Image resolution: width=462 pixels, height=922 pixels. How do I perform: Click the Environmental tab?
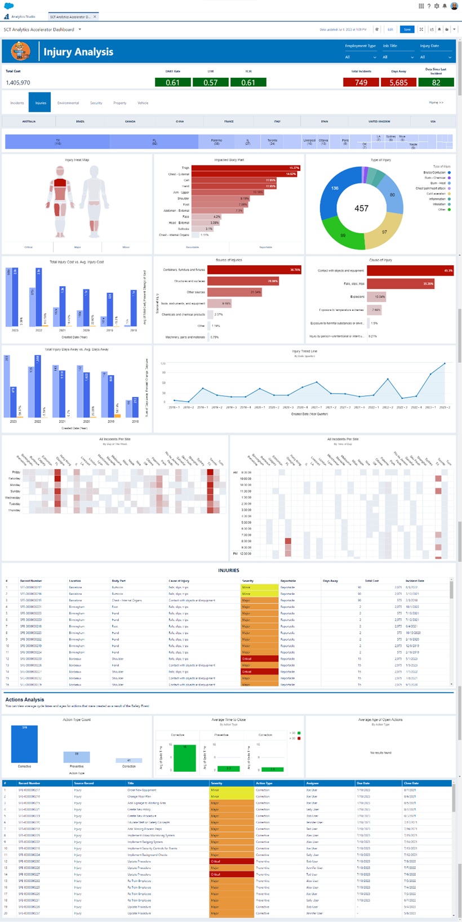click(x=68, y=103)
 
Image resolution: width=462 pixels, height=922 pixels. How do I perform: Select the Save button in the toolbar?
click(x=407, y=29)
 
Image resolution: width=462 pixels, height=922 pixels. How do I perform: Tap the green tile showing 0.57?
click(x=210, y=82)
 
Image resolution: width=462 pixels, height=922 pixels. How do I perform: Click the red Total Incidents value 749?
click(x=361, y=82)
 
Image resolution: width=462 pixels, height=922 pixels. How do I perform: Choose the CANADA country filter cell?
click(x=130, y=121)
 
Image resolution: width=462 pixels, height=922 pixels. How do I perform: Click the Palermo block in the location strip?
click(x=216, y=141)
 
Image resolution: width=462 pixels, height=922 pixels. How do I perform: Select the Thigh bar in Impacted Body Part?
click(x=246, y=168)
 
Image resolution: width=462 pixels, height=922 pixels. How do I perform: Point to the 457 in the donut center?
click(x=361, y=208)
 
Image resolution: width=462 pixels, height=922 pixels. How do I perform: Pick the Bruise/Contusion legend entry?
click(x=434, y=172)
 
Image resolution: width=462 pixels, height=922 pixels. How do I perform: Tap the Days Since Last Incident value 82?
click(x=436, y=82)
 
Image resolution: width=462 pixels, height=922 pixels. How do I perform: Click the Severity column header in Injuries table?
click(x=248, y=581)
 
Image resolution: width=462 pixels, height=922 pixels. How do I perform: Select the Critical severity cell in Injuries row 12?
click(x=259, y=658)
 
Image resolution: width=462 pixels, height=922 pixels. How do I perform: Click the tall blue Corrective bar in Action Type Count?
click(x=24, y=743)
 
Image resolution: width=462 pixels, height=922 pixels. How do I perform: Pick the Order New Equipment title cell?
click(x=142, y=790)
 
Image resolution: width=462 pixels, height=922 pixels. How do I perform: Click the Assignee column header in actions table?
click(x=313, y=783)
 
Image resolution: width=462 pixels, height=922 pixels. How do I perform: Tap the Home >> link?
click(x=436, y=103)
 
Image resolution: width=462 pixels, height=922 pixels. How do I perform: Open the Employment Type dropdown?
click(x=361, y=57)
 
